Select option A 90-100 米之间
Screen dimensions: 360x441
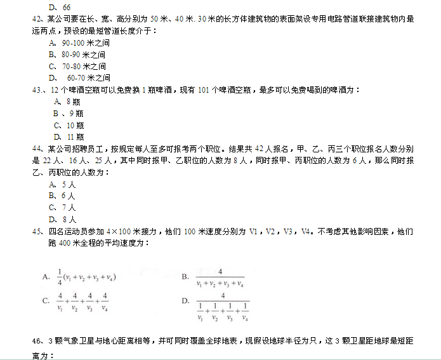point(77,43)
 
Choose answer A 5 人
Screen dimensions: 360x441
point(62,184)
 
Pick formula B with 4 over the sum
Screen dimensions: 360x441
point(218,277)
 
